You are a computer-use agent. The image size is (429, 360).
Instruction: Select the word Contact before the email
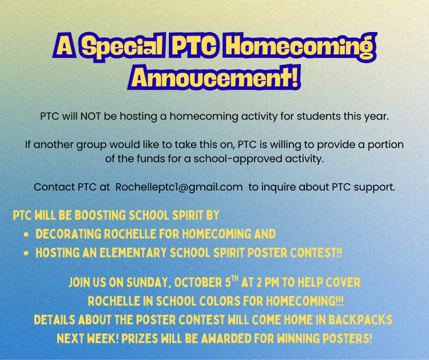(52, 187)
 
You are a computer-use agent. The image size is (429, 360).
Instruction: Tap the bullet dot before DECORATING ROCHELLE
(27, 235)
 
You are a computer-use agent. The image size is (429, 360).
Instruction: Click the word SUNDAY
(141, 283)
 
